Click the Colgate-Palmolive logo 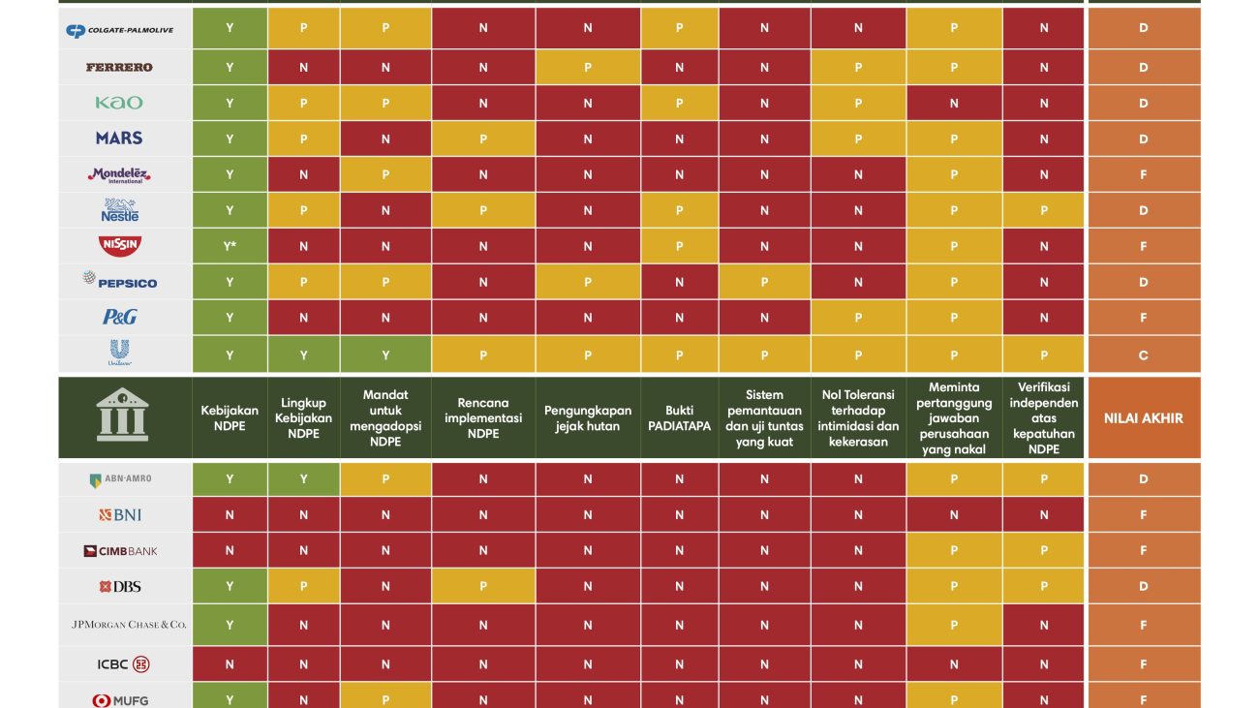[x=119, y=30]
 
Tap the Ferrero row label [x=119, y=67]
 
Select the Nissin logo [x=120, y=246]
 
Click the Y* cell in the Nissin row [x=230, y=246]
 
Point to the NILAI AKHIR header [x=1143, y=418]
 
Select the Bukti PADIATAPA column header [x=679, y=418]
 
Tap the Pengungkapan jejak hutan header [x=587, y=418]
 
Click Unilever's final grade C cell [x=1143, y=354]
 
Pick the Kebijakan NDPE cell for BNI [x=230, y=515]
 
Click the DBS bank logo [x=119, y=587]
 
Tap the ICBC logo [x=123, y=664]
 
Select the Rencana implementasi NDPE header [x=483, y=418]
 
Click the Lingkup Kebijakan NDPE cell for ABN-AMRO [x=303, y=478]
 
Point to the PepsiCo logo [x=120, y=282]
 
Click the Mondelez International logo [x=120, y=175]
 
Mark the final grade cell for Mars [x=1143, y=139]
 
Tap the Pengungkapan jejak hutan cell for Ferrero [x=587, y=67]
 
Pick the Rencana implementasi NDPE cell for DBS [x=483, y=586]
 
